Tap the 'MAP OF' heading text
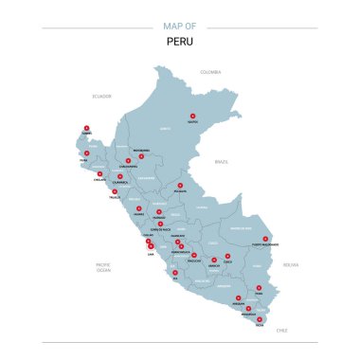[179, 27]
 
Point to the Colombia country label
[209, 72]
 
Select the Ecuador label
[101, 96]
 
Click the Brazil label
[223, 162]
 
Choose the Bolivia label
[290, 264]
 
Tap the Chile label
[281, 331]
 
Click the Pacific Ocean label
[104, 267]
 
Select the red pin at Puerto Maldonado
[265, 239]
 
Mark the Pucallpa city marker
[180, 186]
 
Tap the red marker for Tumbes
[86, 128]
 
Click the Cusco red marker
[227, 256]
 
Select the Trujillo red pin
[115, 191]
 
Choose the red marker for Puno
[259, 287]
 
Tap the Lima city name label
[151, 253]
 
